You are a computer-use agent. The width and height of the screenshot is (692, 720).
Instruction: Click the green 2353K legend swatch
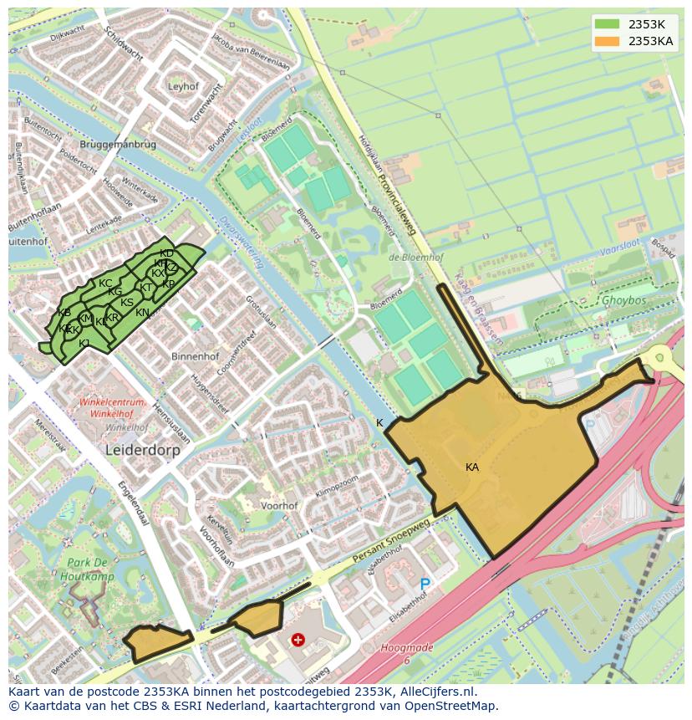pyautogui.click(x=608, y=24)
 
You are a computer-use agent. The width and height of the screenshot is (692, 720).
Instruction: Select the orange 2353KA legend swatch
pyautogui.click(x=608, y=41)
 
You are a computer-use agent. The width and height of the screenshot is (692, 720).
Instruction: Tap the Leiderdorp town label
pyautogui.click(x=143, y=449)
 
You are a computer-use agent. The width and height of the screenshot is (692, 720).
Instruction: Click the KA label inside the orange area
pyautogui.click(x=472, y=467)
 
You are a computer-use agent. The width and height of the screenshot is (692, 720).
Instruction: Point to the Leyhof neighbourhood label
pyautogui.click(x=183, y=86)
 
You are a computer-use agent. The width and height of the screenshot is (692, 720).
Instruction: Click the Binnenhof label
pyautogui.click(x=195, y=356)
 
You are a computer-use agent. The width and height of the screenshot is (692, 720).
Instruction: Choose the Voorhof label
pyautogui.click(x=279, y=506)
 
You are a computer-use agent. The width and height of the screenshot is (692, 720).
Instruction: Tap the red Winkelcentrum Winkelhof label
pyautogui.click(x=112, y=408)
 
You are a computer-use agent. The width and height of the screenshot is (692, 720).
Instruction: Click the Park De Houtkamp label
pyautogui.click(x=88, y=569)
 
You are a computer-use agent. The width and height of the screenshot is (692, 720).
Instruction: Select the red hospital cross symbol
pyautogui.click(x=298, y=640)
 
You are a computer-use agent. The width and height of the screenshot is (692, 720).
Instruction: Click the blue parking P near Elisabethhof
pyautogui.click(x=425, y=585)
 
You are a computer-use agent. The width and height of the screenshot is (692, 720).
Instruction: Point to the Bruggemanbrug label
pyautogui.click(x=120, y=145)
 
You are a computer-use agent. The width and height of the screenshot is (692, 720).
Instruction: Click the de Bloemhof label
pyautogui.click(x=415, y=257)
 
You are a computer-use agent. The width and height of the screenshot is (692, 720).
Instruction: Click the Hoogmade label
pyautogui.click(x=407, y=648)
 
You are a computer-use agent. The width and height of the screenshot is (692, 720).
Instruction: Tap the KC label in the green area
pyautogui.click(x=105, y=283)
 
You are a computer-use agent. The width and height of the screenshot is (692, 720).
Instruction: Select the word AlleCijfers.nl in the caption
pyautogui.click(x=435, y=692)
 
